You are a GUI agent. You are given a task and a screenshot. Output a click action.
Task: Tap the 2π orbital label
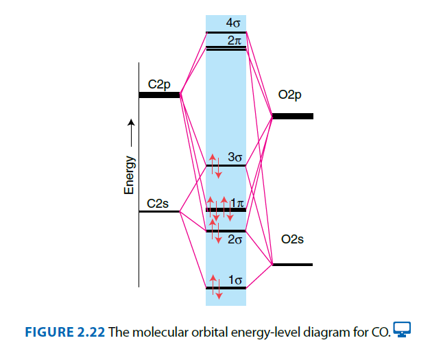click(233, 40)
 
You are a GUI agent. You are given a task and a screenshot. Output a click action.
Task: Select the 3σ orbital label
click(235, 157)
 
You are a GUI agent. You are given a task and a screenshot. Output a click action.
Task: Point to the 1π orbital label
click(237, 202)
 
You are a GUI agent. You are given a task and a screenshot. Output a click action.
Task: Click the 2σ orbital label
click(235, 239)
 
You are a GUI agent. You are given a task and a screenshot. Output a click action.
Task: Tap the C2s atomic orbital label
click(158, 204)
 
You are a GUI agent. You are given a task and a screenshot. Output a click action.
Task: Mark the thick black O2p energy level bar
click(293, 117)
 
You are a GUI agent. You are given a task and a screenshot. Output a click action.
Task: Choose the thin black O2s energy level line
click(293, 264)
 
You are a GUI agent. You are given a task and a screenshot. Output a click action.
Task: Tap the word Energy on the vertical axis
click(129, 174)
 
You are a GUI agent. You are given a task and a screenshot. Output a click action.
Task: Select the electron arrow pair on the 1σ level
click(215, 287)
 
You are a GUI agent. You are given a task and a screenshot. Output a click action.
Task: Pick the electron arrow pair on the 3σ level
click(215, 165)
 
